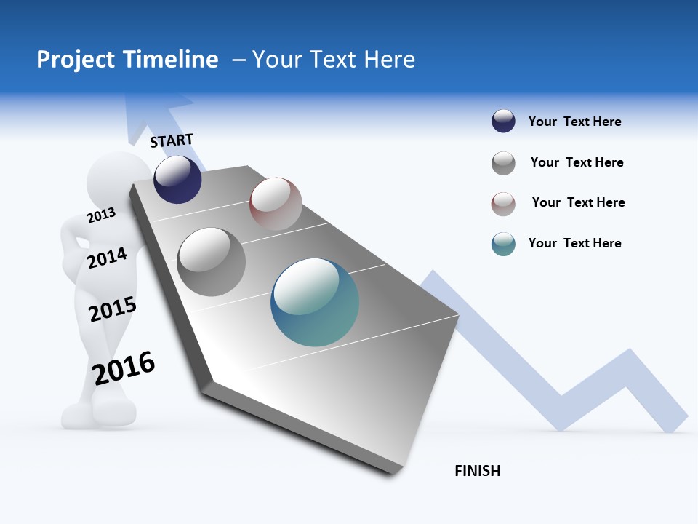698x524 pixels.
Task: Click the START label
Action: [172, 140]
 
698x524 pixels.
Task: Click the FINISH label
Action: [477, 471]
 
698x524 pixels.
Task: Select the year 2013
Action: [101, 215]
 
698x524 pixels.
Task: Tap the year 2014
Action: [107, 258]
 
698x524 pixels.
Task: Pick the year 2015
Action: [112, 309]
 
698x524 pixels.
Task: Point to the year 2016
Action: [124, 368]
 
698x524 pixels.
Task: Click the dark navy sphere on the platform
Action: [177, 179]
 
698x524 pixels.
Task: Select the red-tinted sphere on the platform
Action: [276, 204]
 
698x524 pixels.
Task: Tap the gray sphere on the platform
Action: [211, 262]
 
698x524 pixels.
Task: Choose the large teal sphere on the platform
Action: [315, 302]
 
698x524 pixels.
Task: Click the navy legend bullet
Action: [503, 122]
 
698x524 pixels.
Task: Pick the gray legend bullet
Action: [503, 163]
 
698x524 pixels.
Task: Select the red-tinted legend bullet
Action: [503, 204]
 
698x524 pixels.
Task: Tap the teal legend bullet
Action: [503, 244]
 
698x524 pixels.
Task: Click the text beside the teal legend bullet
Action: [574, 243]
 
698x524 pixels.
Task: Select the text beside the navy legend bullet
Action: [574, 122]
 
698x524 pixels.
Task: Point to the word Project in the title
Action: [76, 60]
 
